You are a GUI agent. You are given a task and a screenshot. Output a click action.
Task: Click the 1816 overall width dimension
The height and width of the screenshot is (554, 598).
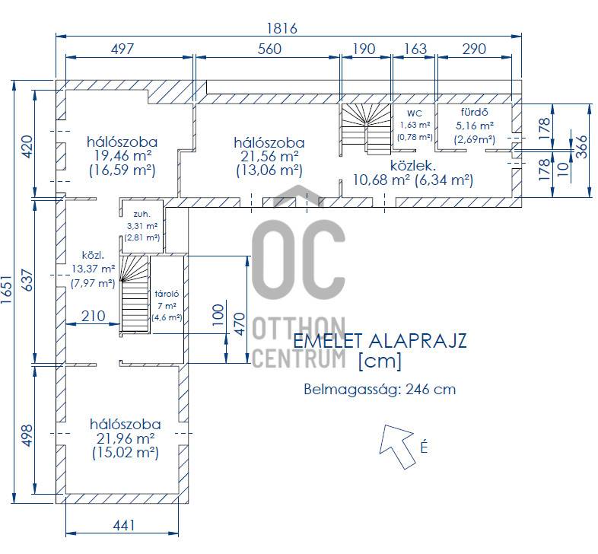(x=282, y=29)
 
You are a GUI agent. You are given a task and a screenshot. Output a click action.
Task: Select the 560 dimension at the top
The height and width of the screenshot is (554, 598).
(x=269, y=49)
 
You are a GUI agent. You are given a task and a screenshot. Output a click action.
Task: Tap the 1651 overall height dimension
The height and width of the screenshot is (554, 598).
(x=7, y=290)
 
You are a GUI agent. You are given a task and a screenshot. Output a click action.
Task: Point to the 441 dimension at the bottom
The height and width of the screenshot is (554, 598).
(x=124, y=526)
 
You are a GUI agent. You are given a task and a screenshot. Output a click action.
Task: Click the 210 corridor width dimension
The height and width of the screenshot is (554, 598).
(x=93, y=316)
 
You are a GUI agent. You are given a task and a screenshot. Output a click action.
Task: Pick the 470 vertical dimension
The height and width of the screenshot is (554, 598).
(x=240, y=324)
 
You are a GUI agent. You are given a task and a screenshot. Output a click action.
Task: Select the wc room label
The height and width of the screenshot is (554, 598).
(x=415, y=113)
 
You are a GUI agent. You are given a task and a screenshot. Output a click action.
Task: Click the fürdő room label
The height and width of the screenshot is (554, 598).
(x=475, y=112)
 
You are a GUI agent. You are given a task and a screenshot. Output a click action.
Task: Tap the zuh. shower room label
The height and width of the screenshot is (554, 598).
(x=142, y=214)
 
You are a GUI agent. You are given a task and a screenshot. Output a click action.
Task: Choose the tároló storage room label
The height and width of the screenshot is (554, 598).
(x=167, y=294)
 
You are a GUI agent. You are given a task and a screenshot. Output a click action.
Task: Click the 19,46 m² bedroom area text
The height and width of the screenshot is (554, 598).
(x=122, y=156)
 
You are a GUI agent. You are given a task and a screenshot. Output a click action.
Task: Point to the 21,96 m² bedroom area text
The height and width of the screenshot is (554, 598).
(x=126, y=438)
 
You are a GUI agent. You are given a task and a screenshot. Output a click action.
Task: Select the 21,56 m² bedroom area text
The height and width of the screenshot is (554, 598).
(x=269, y=157)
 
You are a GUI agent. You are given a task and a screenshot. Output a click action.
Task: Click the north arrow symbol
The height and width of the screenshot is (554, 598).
(x=397, y=447)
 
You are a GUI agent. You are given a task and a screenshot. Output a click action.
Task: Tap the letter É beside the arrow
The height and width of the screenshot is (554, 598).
(x=424, y=447)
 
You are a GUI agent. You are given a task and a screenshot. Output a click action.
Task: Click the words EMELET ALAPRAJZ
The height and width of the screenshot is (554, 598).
(x=380, y=341)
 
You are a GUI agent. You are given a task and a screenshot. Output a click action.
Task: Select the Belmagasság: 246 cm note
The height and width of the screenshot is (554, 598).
(x=380, y=390)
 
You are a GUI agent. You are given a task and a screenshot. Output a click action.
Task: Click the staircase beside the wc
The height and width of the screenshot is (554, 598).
(x=367, y=129)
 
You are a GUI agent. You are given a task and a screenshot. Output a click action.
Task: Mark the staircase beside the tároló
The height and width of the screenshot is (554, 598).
(x=135, y=295)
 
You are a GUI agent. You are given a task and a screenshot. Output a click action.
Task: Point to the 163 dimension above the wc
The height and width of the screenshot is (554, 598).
(x=415, y=49)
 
